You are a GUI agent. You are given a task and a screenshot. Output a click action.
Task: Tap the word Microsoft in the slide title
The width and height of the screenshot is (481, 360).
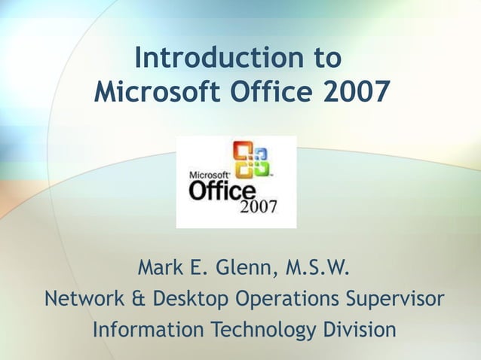tap(159, 92)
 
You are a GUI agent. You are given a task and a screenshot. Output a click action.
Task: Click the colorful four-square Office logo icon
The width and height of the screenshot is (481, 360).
tap(251, 160)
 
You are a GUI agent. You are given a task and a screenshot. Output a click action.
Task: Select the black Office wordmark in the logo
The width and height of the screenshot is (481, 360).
tap(222, 189)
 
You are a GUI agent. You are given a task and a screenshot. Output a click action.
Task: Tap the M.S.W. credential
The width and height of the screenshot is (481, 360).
tap(313, 267)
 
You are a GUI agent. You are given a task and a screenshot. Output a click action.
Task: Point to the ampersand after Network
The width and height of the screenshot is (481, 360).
tap(139, 299)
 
